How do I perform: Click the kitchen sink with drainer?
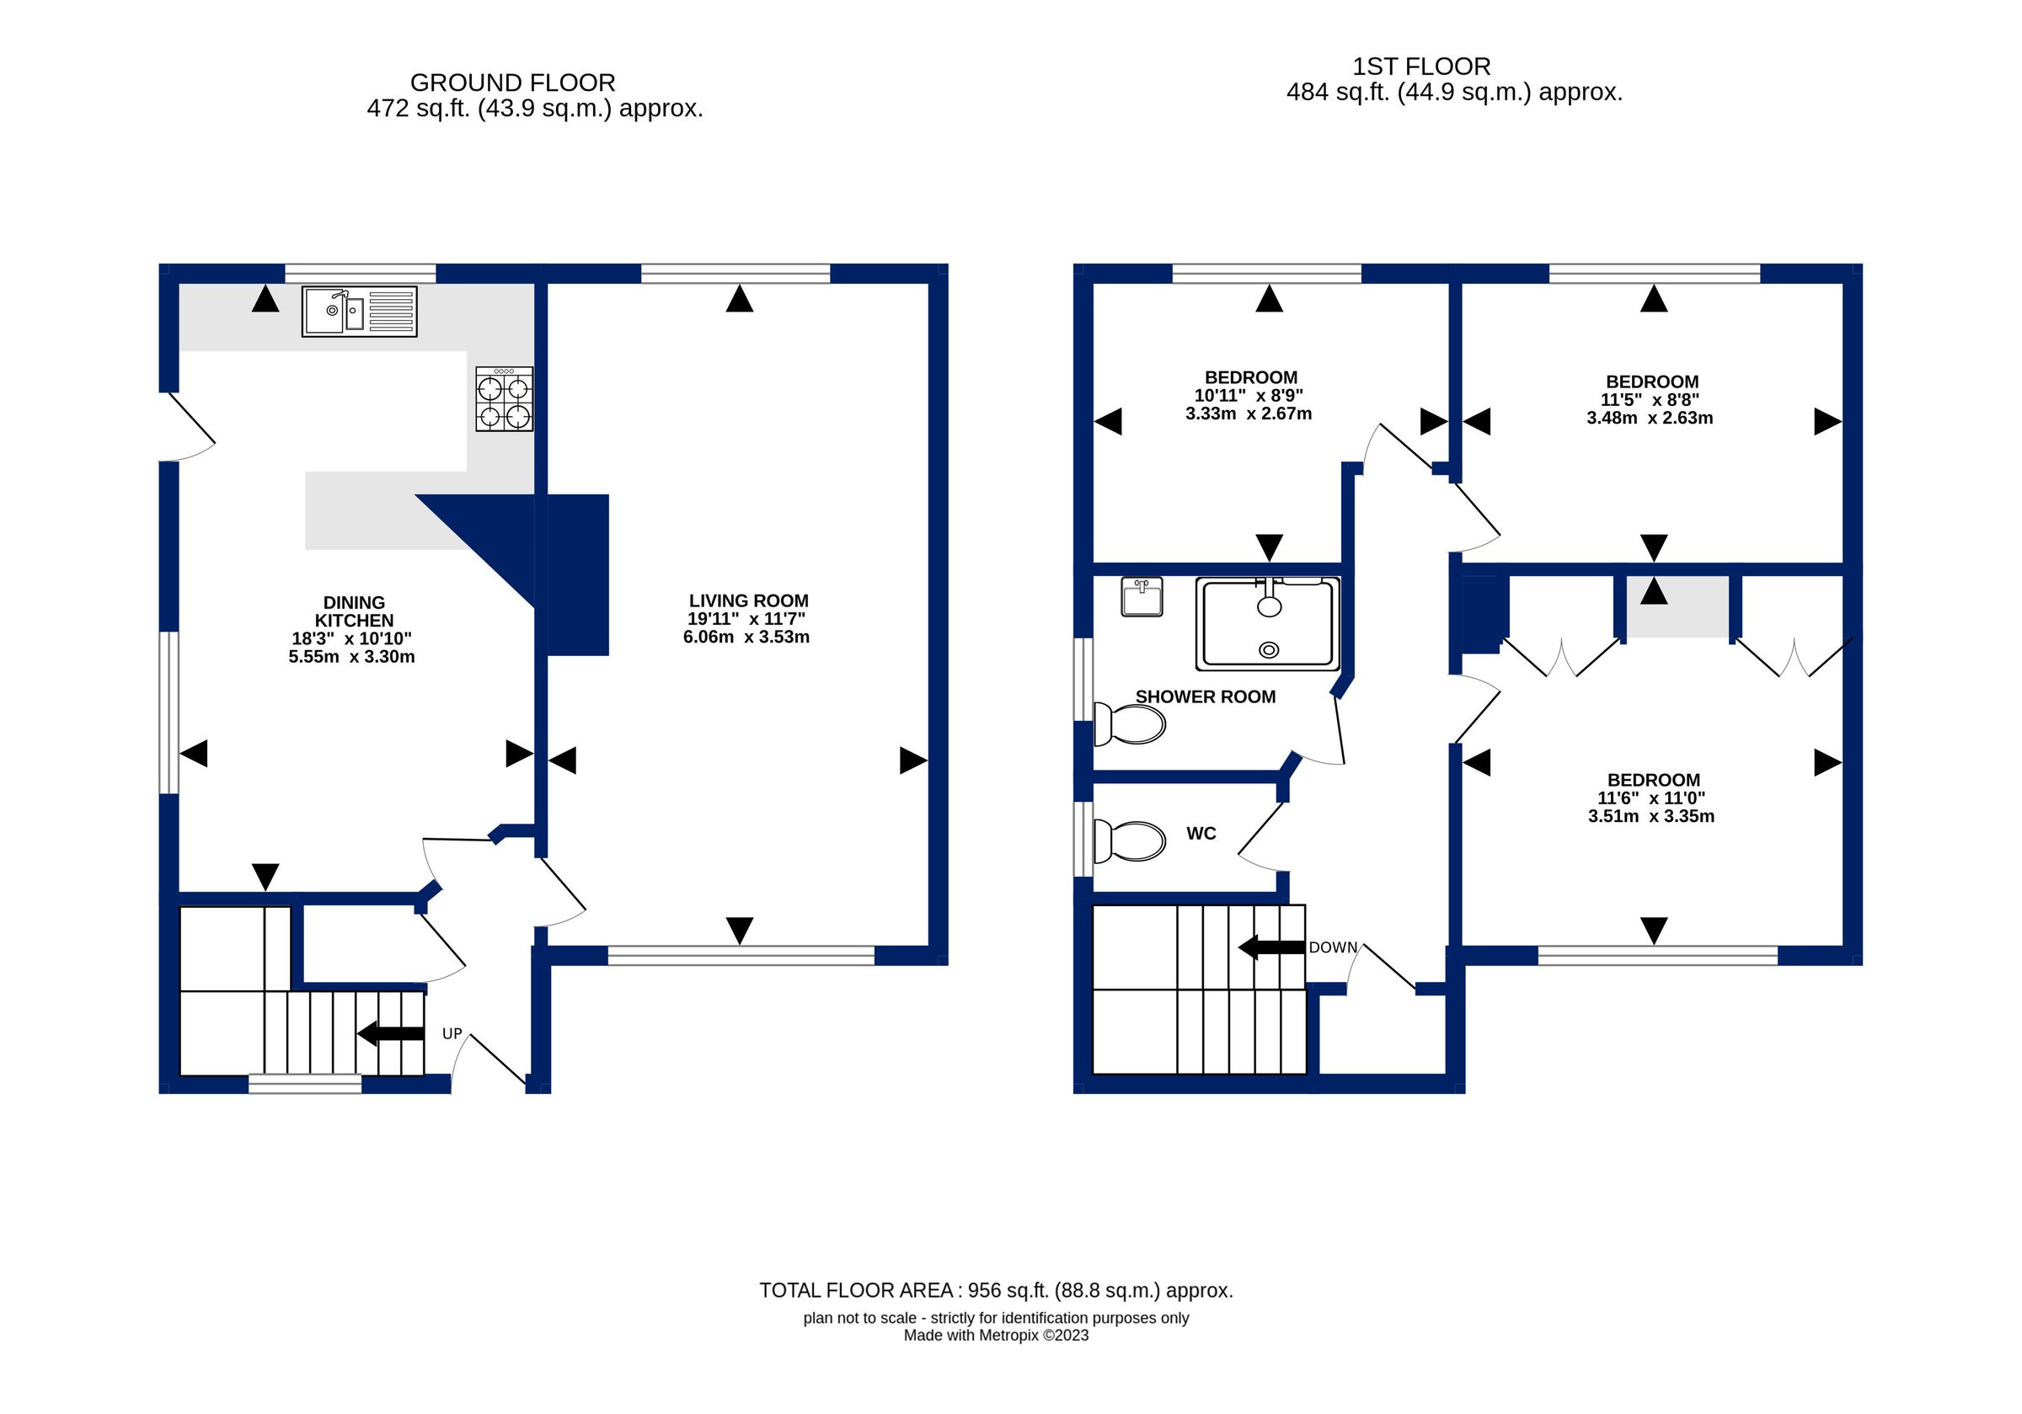[x=359, y=311]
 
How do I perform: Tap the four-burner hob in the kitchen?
[x=504, y=399]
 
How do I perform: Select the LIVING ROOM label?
[x=747, y=600]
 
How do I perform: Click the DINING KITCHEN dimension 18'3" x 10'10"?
[x=351, y=638]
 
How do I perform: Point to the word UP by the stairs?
[x=452, y=1033]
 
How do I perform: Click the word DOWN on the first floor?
[x=1333, y=947]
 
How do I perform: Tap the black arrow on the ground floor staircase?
[x=390, y=1033]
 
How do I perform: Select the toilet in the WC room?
[x=1129, y=840]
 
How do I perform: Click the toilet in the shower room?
[x=1129, y=723]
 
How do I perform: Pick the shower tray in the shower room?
[x=1267, y=622]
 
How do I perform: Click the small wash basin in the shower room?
[x=1142, y=596]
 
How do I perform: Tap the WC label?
[x=1201, y=833]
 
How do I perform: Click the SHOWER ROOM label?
[x=1205, y=696]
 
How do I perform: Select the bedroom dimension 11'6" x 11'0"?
[x=1650, y=798]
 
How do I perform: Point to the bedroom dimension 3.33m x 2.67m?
[x=1248, y=414]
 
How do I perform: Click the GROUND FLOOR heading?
[x=512, y=83]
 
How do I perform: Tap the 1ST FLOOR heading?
[x=1420, y=66]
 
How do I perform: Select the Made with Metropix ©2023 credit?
[x=995, y=1336]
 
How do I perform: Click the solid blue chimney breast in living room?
[x=578, y=575]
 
